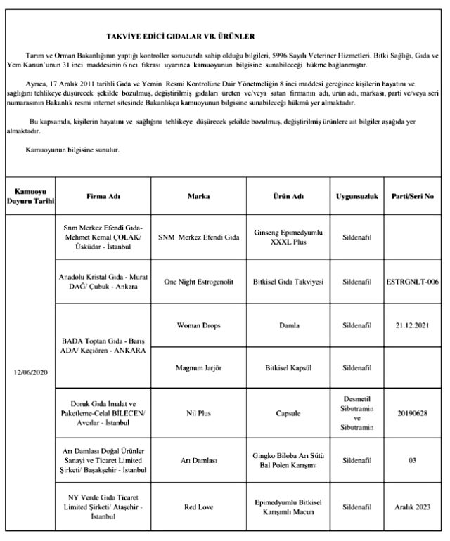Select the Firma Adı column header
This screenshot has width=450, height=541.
103,196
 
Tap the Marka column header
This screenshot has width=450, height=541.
199,196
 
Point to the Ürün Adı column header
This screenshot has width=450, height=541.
288,196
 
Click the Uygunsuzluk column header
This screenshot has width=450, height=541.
358,196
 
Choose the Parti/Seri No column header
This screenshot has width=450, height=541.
413,196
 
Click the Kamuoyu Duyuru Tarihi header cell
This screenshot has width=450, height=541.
30,196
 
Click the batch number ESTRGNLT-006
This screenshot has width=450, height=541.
413,282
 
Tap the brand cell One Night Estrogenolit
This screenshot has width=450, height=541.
199,282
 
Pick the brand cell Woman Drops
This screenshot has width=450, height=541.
199,326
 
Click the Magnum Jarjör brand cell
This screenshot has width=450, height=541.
199,367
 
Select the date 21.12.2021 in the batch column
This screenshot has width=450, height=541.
413,326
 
